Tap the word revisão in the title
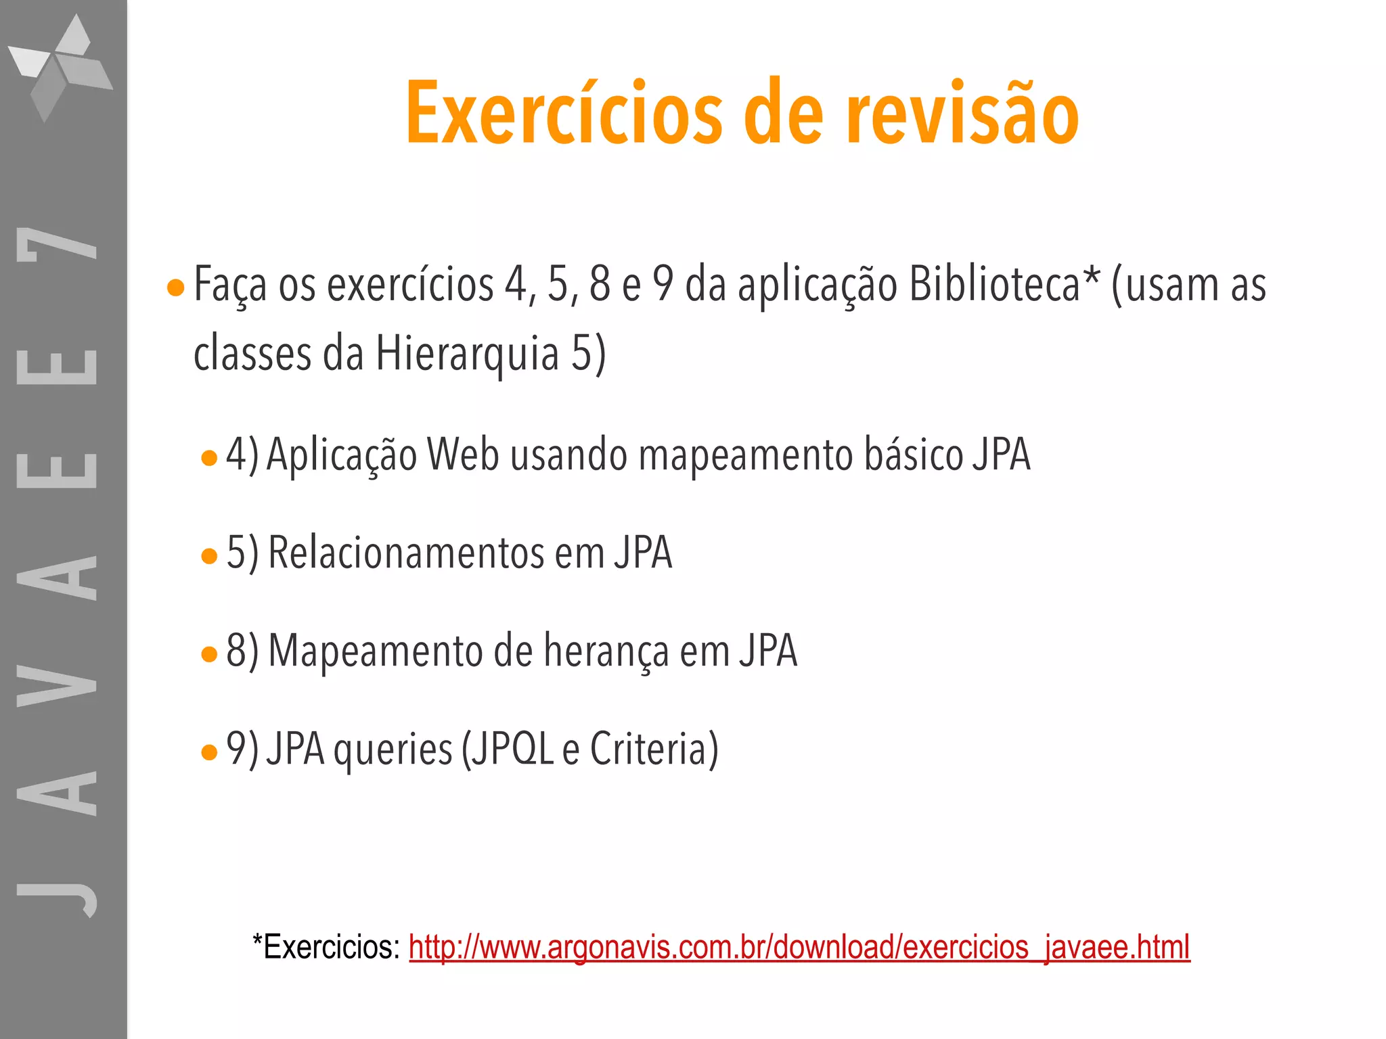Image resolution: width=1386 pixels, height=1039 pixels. [x=962, y=114]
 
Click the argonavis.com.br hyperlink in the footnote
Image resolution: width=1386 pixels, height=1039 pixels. [x=799, y=946]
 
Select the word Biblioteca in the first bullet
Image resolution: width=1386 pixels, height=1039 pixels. [x=993, y=284]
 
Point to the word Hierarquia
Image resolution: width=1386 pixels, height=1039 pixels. [x=467, y=353]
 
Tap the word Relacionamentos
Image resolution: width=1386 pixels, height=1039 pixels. [x=406, y=553]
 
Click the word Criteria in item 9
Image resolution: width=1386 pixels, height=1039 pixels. [x=654, y=749]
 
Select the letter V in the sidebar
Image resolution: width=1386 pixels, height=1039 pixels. [x=57, y=685]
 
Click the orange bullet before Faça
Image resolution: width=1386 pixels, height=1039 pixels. [x=175, y=288]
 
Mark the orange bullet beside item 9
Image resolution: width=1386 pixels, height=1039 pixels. [x=209, y=752]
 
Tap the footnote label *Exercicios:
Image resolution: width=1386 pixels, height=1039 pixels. [x=326, y=946]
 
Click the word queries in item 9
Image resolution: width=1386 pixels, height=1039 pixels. [x=393, y=750]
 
